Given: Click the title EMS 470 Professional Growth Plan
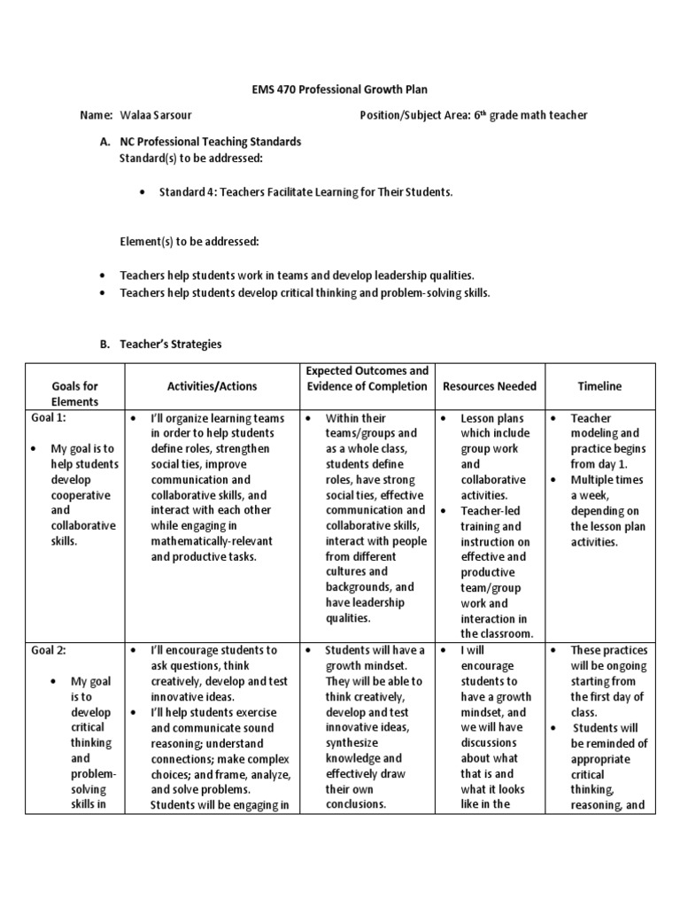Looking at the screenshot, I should tap(340, 89).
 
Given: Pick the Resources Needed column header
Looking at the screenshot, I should tap(490, 386).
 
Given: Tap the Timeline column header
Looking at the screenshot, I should tap(599, 386).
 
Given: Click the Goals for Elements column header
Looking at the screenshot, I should tap(75, 393).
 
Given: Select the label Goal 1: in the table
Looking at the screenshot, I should tap(49, 418).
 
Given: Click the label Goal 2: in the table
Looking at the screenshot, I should tap(49, 650).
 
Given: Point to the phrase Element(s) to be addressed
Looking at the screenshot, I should tap(189, 241).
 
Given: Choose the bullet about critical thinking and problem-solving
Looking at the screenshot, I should tap(305, 292).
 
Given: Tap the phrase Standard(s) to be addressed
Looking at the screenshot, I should tap(191, 157).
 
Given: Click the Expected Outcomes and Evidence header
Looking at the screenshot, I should tap(367, 378).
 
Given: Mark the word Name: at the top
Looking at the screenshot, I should tap(97, 115).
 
